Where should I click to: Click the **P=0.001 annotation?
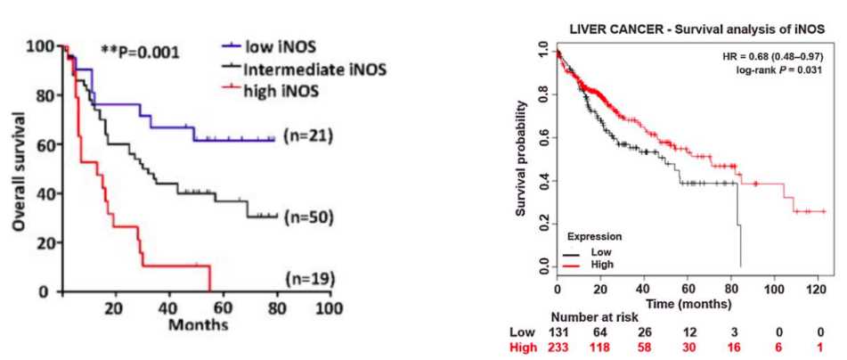point(142,53)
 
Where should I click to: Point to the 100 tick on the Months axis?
point(330,307)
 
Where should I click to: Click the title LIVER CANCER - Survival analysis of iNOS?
point(697,29)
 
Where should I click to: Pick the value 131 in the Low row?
point(558,332)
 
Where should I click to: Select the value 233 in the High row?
point(558,348)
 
